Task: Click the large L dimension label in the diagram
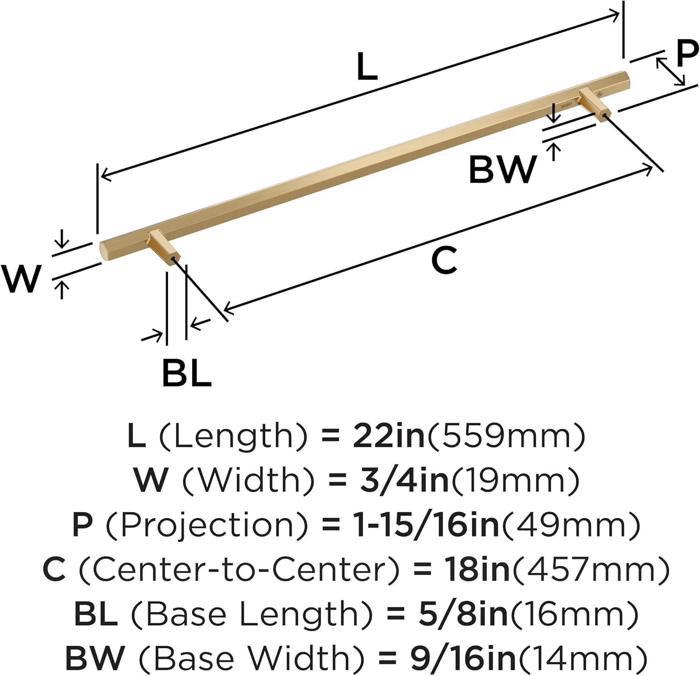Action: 366,67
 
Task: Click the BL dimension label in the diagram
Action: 187,372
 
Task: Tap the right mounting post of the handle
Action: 594,104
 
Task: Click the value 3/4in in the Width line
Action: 404,480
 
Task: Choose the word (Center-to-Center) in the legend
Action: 239,569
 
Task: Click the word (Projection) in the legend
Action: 207,524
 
